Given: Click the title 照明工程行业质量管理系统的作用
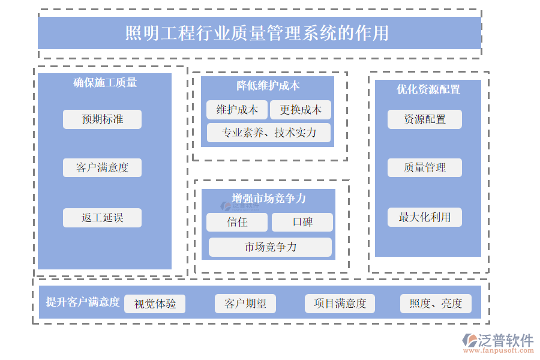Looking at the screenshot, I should pyautogui.click(x=259, y=32).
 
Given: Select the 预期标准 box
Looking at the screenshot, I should pyautogui.click(x=102, y=119).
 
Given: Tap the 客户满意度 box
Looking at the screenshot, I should pyautogui.click(x=102, y=167).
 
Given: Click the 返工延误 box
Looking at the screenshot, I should pyautogui.click(x=102, y=218).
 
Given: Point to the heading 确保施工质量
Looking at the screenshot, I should pyautogui.click(x=105, y=83).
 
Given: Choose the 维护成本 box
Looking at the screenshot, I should pyautogui.click(x=237, y=110).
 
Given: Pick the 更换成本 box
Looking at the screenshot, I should pyautogui.click(x=301, y=110).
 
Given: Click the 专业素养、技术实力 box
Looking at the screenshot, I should pyautogui.click(x=269, y=133).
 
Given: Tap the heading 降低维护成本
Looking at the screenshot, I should pyautogui.click(x=268, y=86).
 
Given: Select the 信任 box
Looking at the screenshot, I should pyautogui.click(x=237, y=222).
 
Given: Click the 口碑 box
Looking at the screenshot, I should pyautogui.click(x=302, y=222).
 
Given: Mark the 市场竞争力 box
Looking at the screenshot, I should pyautogui.click(x=270, y=247).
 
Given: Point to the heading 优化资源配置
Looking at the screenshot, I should pyautogui.click(x=428, y=89).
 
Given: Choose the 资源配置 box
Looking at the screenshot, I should pyautogui.click(x=425, y=119).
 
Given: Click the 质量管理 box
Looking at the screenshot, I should pyautogui.click(x=425, y=167).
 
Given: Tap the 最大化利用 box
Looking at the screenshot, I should pyautogui.click(x=425, y=217).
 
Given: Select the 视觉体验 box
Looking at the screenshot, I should pyautogui.click(x=155, y=304).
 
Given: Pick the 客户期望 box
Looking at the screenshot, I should pyautogui.click(x=245, y=304).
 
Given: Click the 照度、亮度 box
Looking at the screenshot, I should pyautogui.click(x=436, y=304).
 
